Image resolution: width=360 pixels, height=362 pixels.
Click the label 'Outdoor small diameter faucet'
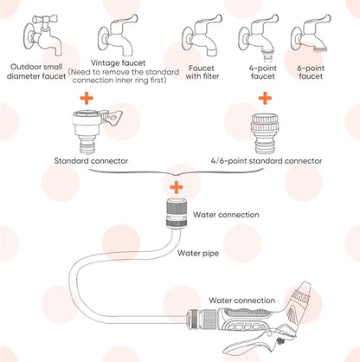[36, 74]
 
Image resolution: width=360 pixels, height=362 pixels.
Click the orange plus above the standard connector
[87, 100]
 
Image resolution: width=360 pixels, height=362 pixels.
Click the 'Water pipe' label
[198, 254]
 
